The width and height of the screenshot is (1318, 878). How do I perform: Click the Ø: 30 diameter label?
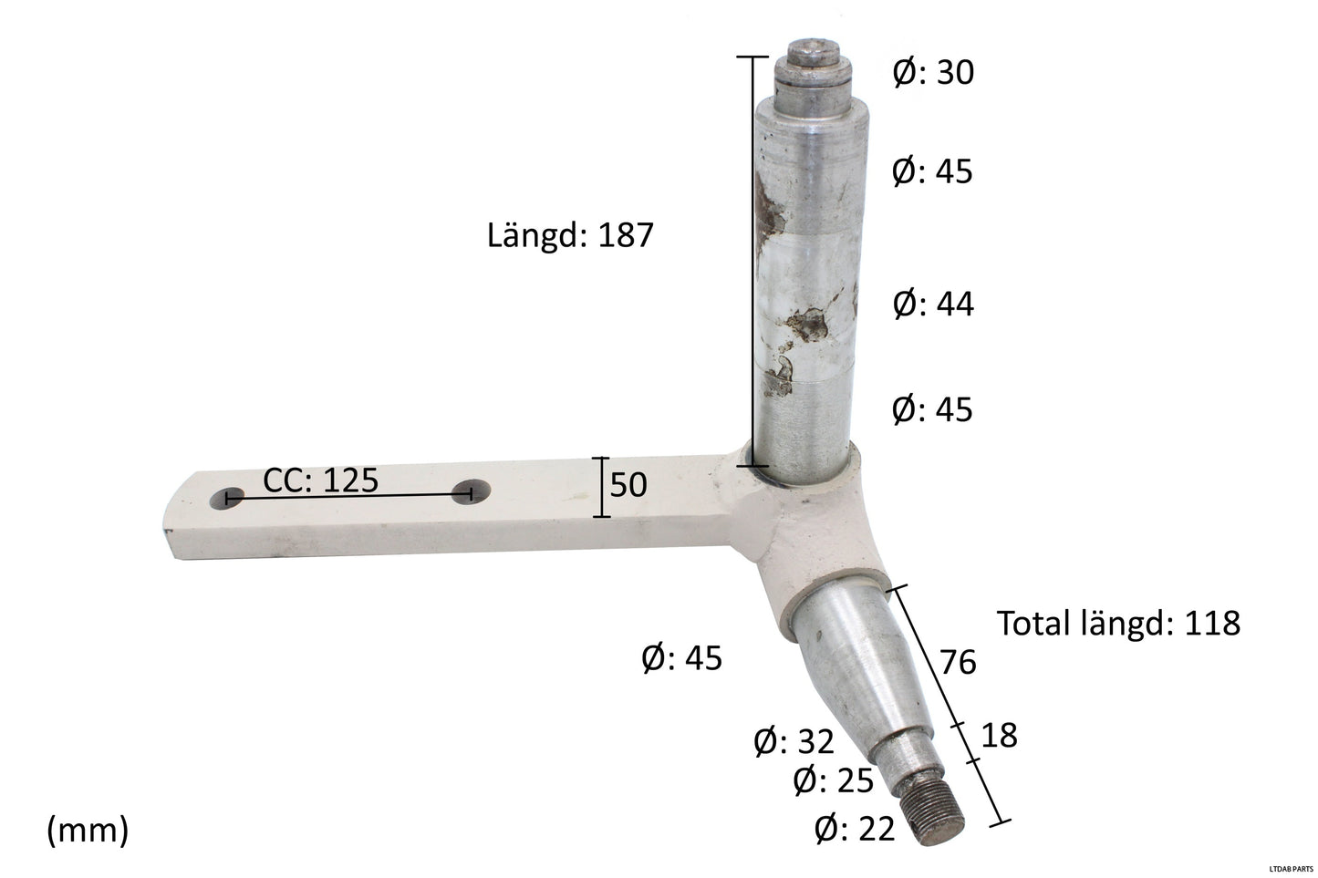click(x=932, y=73)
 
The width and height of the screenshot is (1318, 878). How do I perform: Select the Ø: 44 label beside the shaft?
click(x=932, y=305)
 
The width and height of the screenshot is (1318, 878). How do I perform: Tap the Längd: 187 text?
click(x=570, y=236)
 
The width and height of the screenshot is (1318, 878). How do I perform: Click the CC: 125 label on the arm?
click(x=321, y=480)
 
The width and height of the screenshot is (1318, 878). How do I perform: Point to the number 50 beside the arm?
click(x=628, y=485)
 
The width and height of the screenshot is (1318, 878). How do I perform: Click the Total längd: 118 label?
click(x=1118, y=624)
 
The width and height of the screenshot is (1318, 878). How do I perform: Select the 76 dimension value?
click(x=958, y=662)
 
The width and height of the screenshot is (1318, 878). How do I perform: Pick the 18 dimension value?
click(x=999, y=736)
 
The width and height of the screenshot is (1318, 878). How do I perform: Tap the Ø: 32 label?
click(x=794, y=742)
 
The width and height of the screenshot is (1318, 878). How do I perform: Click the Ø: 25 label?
click(x=833, y=781)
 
